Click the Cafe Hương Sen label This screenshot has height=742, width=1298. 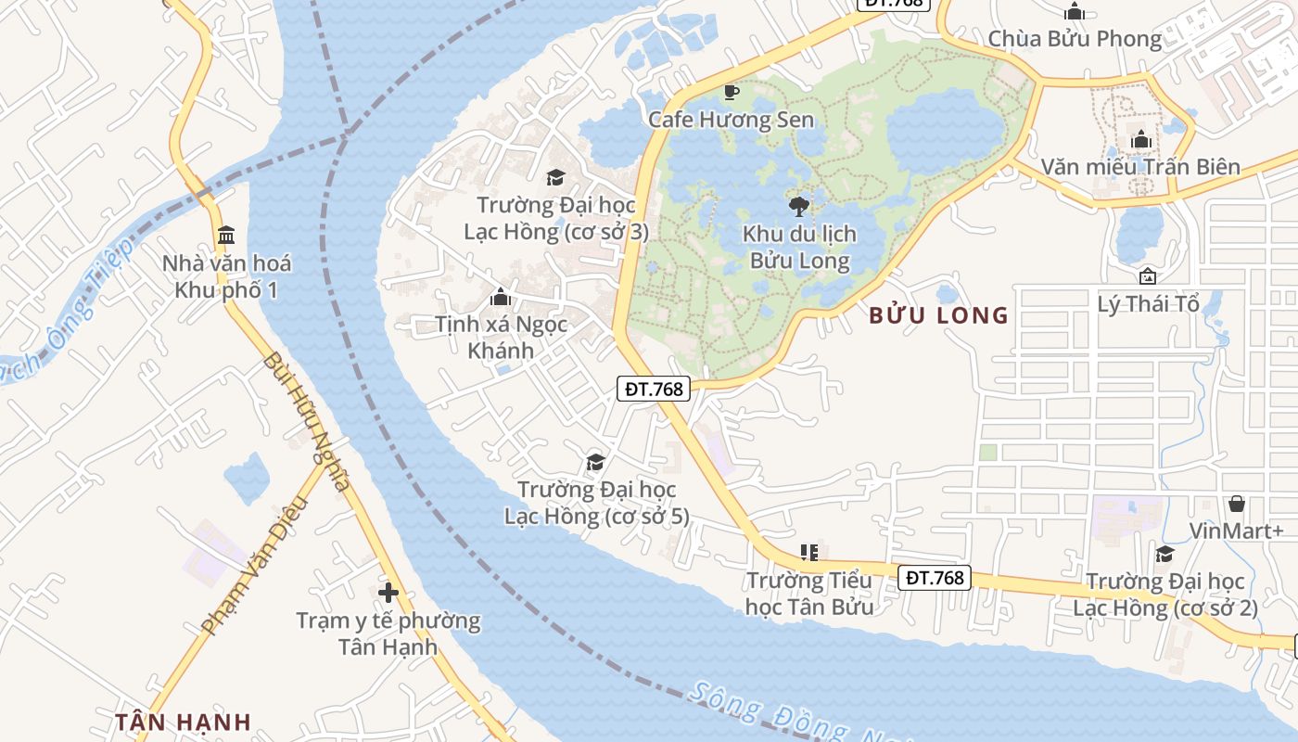[x=731, y=120]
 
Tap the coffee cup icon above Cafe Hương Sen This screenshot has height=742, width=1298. [x=731, y=92]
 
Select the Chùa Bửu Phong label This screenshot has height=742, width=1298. [x=1075, y=39]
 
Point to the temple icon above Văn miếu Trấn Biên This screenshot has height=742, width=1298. [x=1141, y=140]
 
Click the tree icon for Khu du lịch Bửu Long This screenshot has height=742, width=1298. [x=797, y=206]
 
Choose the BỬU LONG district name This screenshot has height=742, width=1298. [x=938, y=315]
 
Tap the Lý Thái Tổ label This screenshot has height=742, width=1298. [x=1148, y=304]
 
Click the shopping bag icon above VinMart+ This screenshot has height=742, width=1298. [x=1236, y=504]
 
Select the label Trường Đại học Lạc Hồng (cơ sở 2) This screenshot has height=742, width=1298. [x=1164, y=595]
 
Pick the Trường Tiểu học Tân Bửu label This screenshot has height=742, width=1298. [x=809, y=594]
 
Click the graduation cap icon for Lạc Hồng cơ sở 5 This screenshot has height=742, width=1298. [x=595, y=462]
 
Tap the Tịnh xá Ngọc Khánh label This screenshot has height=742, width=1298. [x=501, y=337]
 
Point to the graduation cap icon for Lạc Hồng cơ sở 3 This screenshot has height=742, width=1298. [x=555, y=177]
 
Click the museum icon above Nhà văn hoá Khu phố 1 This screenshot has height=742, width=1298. [x=226, y=235]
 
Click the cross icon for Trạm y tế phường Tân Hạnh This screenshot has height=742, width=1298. [x=388, y=592]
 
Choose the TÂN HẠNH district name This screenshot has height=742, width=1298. [x=184, y=722]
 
